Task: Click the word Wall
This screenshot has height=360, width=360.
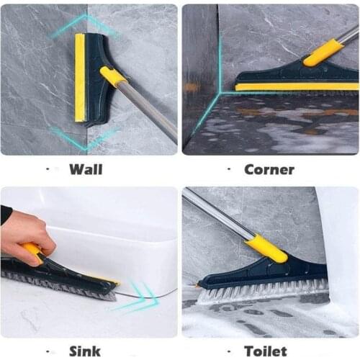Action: click(85, 170)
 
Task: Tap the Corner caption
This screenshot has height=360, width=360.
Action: click(269, 170)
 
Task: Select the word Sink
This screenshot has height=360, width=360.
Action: click(84, 351)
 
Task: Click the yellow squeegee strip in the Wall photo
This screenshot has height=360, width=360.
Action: click(79, 78)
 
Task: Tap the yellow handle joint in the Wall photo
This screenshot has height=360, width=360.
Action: click(113, 76)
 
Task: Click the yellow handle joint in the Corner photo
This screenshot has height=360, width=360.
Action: click(323, 53)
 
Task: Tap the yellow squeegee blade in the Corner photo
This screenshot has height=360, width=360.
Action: click(295, 86)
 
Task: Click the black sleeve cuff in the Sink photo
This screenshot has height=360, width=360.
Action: click(5, 214)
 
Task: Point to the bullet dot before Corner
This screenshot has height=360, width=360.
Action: click(230, 170)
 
